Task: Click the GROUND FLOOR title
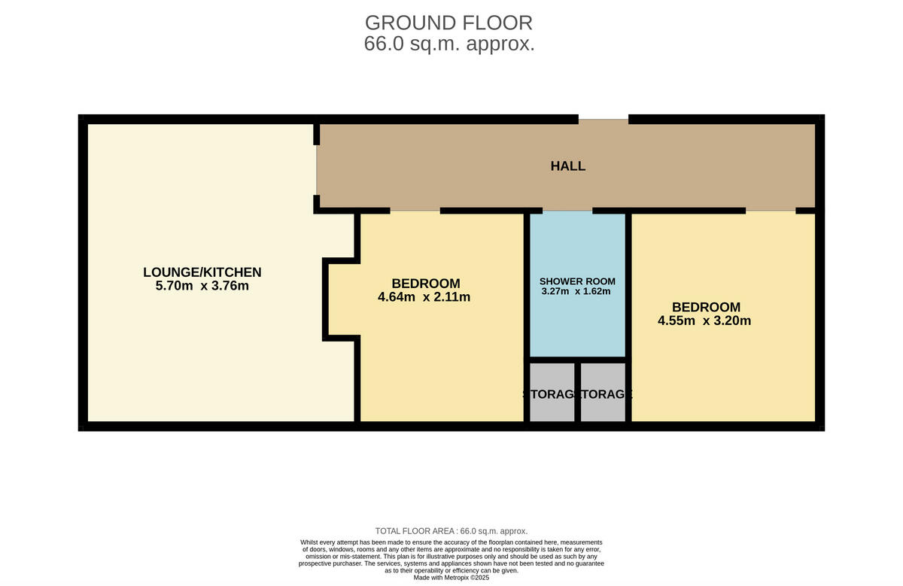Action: (448, 23)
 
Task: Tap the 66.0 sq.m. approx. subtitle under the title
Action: (448, 44)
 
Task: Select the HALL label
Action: (567, 166)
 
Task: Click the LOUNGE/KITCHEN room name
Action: (202, 272)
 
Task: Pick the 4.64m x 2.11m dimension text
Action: (424, 297)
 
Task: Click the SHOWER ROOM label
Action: (577, 281)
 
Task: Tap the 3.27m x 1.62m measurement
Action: (575, 291)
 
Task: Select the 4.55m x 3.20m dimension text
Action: (704, 321)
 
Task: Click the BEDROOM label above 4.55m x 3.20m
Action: (706, 307)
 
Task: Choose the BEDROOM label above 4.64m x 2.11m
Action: (425, 284)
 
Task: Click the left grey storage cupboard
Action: (552, 393)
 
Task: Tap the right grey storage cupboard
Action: (604, 393)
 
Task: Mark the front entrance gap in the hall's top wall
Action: (603, 119)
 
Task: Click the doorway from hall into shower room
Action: (568, 211)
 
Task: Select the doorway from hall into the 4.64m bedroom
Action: (415, 211)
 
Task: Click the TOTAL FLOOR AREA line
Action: (451, 531)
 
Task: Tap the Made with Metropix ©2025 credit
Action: (451, 578)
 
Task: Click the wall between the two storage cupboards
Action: (577, 393)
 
